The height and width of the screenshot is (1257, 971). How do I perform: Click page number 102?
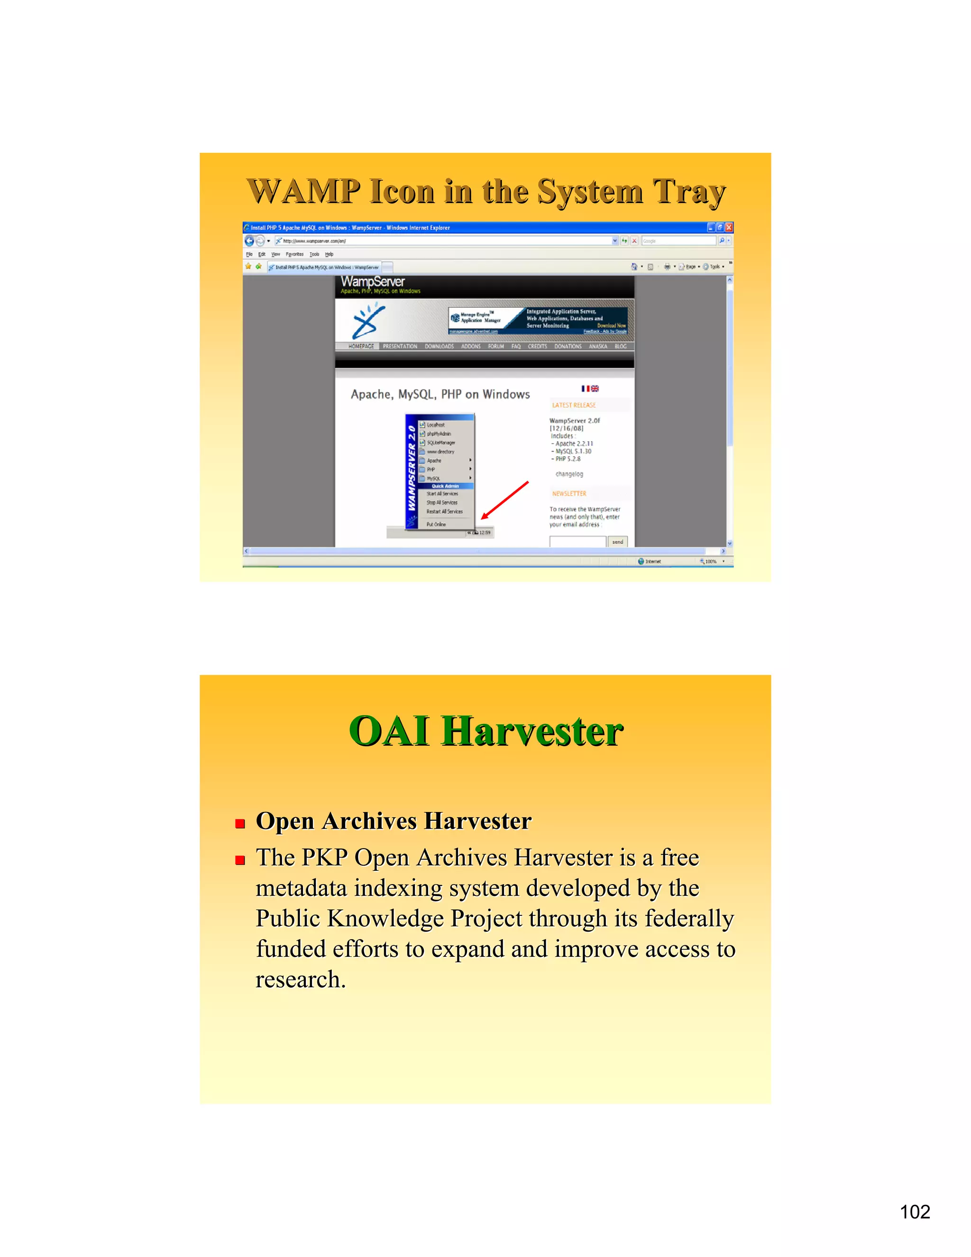[x=915, y=1211]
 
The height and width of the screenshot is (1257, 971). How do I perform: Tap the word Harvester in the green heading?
[x=532, y=731]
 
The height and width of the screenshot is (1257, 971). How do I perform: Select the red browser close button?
[x=729, y=227]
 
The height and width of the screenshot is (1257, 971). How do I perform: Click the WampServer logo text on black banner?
[x=373, y=281]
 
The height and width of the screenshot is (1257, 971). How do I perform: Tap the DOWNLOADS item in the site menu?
[x=439, y=346]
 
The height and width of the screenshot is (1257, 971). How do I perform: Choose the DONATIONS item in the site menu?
[x=568, y=346]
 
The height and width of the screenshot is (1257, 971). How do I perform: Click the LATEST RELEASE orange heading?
[x=574, y=405]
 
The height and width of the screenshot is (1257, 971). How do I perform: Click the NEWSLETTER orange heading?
[x=569, y=494]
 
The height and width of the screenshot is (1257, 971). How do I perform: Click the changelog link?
[x=569, y=474]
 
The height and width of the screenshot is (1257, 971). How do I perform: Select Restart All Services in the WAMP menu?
[x=444, y=512]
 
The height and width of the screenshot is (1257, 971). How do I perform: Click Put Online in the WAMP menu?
[x=436, y=524]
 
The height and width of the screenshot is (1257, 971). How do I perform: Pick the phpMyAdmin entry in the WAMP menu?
[x=439, y=434]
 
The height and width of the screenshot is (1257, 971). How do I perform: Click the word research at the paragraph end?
[x=300, y=980]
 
